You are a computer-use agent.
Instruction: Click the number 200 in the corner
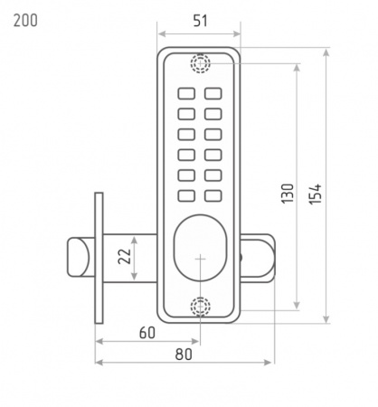coord(25,21)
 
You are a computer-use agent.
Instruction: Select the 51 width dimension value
coord(201,21)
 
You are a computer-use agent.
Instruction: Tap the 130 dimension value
coord(288,194)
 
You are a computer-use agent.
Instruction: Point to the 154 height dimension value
coord(316,194)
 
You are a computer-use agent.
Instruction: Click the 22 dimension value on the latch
coord(124,256)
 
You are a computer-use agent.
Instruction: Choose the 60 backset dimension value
coord(147,333)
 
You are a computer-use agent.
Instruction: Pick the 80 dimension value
coord(184,355)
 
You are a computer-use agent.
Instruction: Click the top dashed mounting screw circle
coord(200,63)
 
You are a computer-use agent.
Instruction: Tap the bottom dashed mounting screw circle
coord(200,307)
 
